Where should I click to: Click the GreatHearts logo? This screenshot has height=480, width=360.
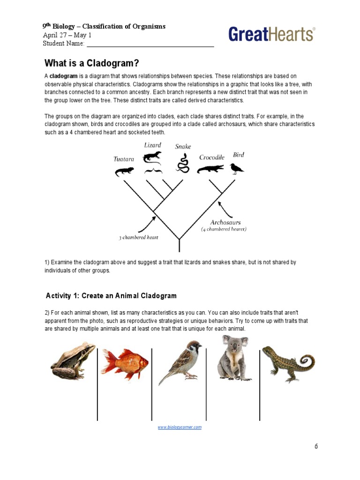click(271, 35)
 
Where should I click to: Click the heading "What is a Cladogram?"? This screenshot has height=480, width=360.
click(92, 63)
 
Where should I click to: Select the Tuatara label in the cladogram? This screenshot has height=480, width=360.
click(124, 159)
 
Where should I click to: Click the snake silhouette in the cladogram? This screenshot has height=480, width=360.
click(183, 165)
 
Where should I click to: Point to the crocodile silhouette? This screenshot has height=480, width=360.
click(211, 169)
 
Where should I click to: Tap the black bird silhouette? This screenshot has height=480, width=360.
click(237, 168)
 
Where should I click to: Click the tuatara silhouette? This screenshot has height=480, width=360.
click(124, 172)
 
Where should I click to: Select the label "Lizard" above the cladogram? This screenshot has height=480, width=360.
click(152, 145)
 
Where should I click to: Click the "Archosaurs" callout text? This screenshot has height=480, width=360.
click(225, 222)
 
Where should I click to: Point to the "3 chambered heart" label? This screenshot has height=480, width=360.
click(138, 238)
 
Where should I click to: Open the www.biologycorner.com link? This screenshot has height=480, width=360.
click(180, 427)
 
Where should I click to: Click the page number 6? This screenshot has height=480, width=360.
click(316, 446)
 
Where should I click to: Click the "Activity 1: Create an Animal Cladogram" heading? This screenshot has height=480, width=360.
click(111, 296)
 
